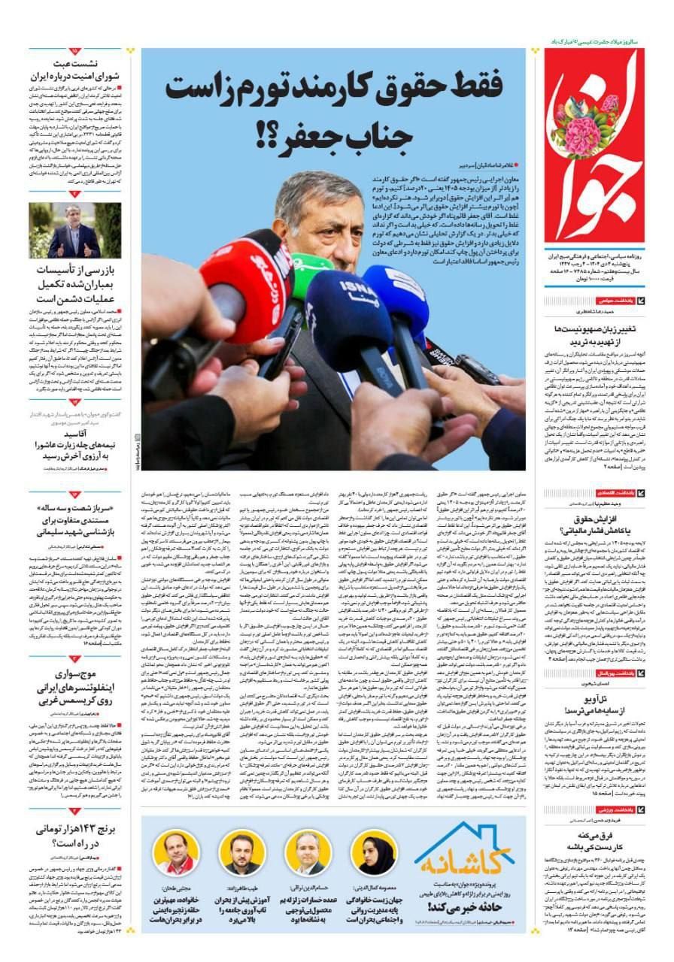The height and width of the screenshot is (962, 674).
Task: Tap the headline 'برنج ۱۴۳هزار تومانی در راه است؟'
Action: [76, 837]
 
